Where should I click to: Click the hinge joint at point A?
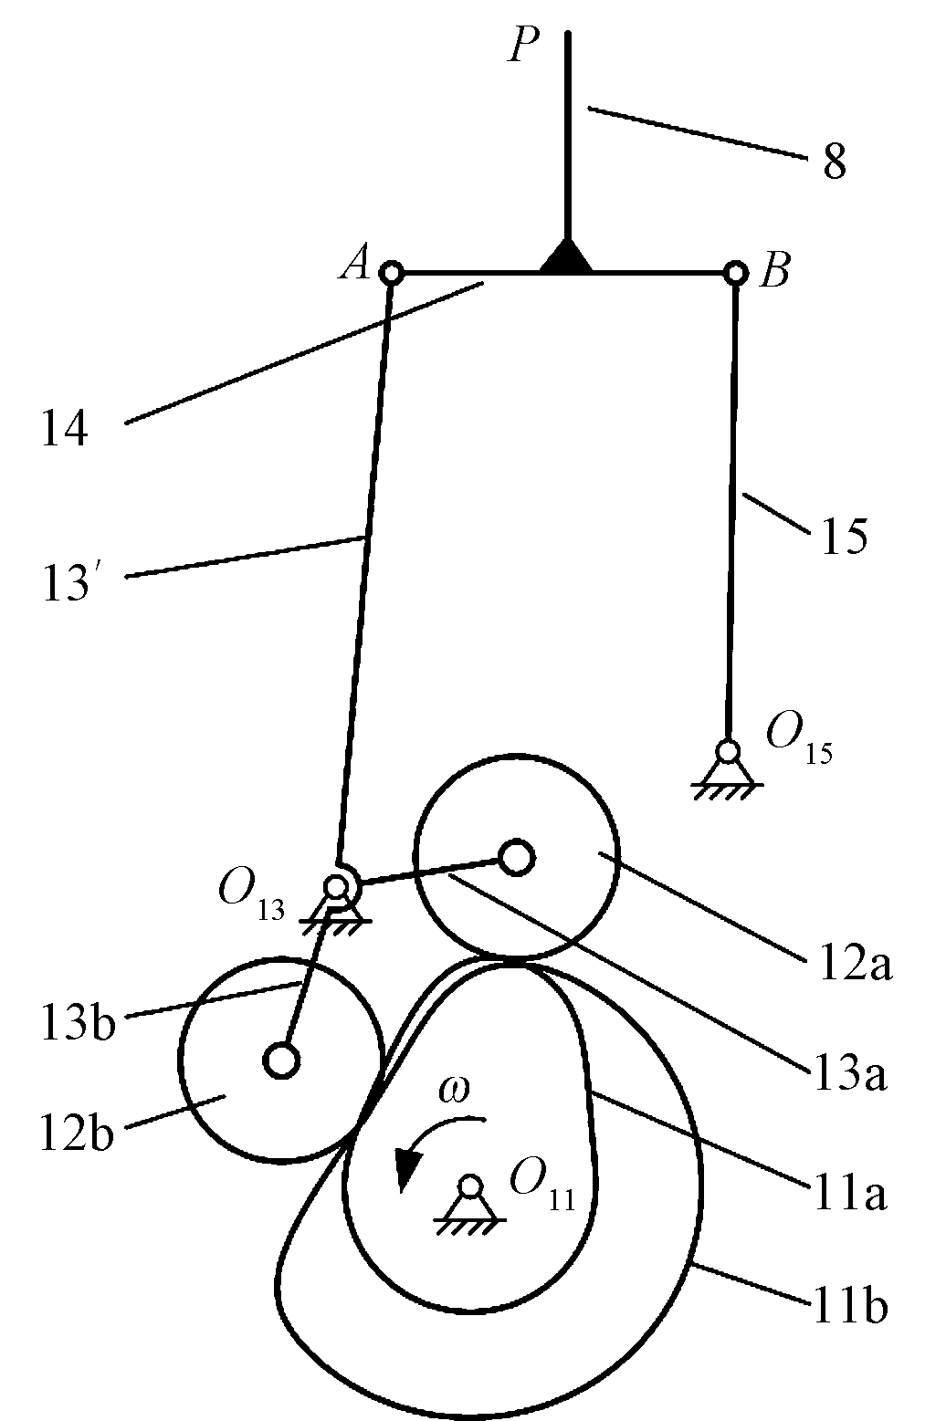[x=391, y=272]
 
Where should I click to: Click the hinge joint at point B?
[x=735, y=272]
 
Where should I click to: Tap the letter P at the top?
[x=524, y=46]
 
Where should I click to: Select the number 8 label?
[x=834, y=164]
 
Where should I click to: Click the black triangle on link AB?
[x=566, y=258]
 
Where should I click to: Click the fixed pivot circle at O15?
[x=728, y=751]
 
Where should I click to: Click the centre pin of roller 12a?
[x=517, y=856]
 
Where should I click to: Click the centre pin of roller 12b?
[x=281, y=1060]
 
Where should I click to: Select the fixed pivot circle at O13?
[x=337, y=886]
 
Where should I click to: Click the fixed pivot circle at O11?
[x=470, y=1186]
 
